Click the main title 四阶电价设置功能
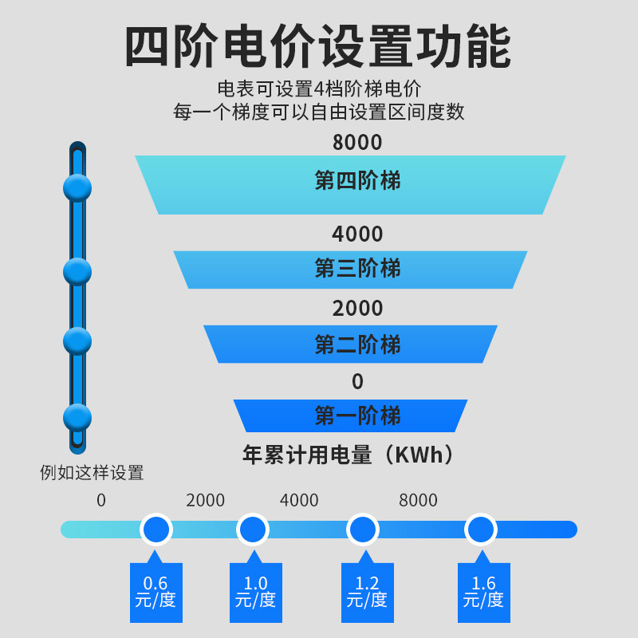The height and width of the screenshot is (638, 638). [x=318, y=49]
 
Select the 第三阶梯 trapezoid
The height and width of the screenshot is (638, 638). [x=351, y=269]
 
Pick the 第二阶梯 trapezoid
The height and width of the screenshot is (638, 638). [x=351, y=345]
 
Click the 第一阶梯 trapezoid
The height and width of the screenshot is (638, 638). [x=351, y=415]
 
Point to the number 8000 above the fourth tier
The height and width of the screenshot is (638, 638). [x=357, y=143]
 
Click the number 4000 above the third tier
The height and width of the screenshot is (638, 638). [x=357, y=234]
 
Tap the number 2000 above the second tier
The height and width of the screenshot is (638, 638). [x=357, y=309]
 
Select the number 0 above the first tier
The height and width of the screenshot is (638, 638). [x=357, y=382]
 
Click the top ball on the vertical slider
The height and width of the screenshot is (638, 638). [x=77, y=188]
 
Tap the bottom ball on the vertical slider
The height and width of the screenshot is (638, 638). [x=77, y=417]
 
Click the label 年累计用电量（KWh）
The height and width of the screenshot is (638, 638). [x=351, y=455]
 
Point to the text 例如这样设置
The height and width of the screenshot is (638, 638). [x=92, y=473]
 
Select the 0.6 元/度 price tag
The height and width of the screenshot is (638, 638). [x=156, y=593]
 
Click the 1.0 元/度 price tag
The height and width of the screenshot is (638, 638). [x=256, y=593]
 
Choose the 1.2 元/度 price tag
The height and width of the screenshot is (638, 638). [x=367, y=593]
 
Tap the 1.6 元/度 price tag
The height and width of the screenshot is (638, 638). [x=483, y=593]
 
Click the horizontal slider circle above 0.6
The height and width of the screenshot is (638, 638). [x=156, y=529]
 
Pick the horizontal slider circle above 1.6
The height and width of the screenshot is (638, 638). [x=480, y=529]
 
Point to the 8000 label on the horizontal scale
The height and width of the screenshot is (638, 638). [x=418, y=501]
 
